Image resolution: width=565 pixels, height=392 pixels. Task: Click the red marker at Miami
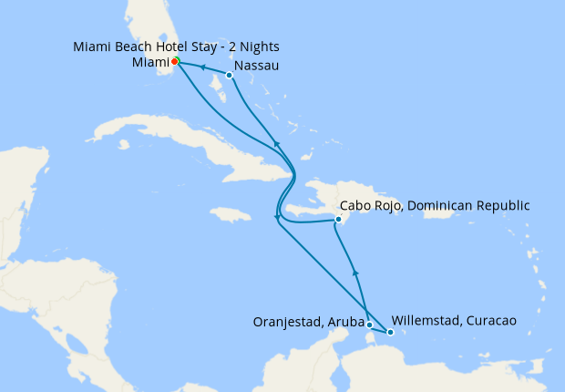(175, 61)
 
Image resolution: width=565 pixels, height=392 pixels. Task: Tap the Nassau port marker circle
(229, 76)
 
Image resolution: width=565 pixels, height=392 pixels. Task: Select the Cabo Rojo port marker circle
(338, 220)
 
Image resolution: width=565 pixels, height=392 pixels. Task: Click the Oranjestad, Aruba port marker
(369, 325)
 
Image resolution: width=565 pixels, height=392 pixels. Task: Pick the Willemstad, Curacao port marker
(390, 332)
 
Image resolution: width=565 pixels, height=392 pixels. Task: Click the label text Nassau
(257, 67)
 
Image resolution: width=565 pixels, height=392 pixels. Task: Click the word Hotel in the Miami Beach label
(177, 46)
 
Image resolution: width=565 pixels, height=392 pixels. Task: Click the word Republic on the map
(502, 206)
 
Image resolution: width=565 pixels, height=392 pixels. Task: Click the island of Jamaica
(230, 215)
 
